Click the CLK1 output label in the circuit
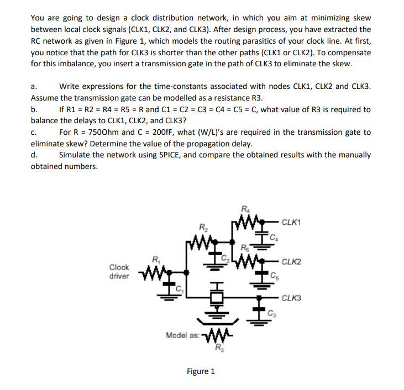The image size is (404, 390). tap(291, 223)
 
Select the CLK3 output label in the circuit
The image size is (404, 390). tap(291, 299)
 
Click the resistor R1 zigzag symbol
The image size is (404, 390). tap(155, 271)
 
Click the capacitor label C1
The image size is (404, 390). tap(179, 287)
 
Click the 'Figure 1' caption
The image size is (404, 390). tap(201, 371)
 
